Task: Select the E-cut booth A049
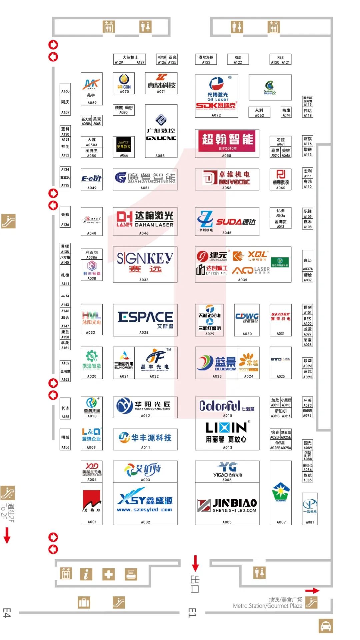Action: [x=92, y=179]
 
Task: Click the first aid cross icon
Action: [x=108, y=574]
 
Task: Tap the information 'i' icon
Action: [x=86, y=574]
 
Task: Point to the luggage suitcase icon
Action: [x=84, y=602]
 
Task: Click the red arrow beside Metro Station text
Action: [x=312, y=591]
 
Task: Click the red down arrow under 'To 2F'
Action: [x=7, y=535]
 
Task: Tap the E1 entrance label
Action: [x=192, y=613]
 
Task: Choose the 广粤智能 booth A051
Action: [x=145, y=179]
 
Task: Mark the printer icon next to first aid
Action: [x=131, y=574]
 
